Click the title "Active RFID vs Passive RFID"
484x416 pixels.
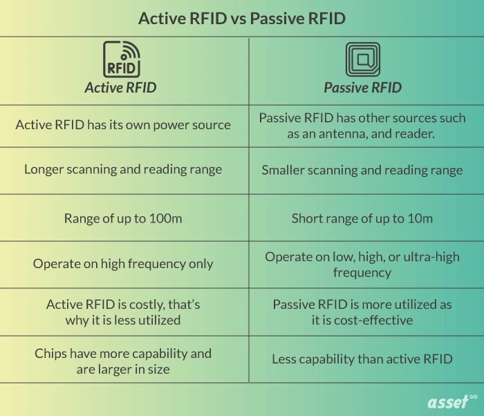[x=241, y=18]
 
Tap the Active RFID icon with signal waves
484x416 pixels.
[x=122, y=59]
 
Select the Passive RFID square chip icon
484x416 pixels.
[x=362, y=59]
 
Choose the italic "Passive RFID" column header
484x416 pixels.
[x=362, y=88]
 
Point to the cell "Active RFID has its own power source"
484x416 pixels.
[x=123, y=125]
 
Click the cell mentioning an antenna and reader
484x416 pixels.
[x=362, y=126]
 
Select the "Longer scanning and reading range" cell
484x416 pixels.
[x=123, y=170]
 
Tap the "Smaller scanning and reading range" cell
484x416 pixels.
[x=362, y=170]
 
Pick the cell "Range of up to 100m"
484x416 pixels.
[x=123, y=218]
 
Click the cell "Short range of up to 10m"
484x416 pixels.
[x=362, y=218]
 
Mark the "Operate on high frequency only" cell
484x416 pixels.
[x=123, y=263]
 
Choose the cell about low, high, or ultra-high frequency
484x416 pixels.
[x=362, y=264]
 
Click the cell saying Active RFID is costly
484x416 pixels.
[x=123, y=312]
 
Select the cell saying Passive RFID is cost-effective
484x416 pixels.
[x=362, y=312]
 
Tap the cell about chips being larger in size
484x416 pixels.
[x=123, y=360]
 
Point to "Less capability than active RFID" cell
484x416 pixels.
[x=362, y=359]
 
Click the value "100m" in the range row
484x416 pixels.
[x=167, y=218]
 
